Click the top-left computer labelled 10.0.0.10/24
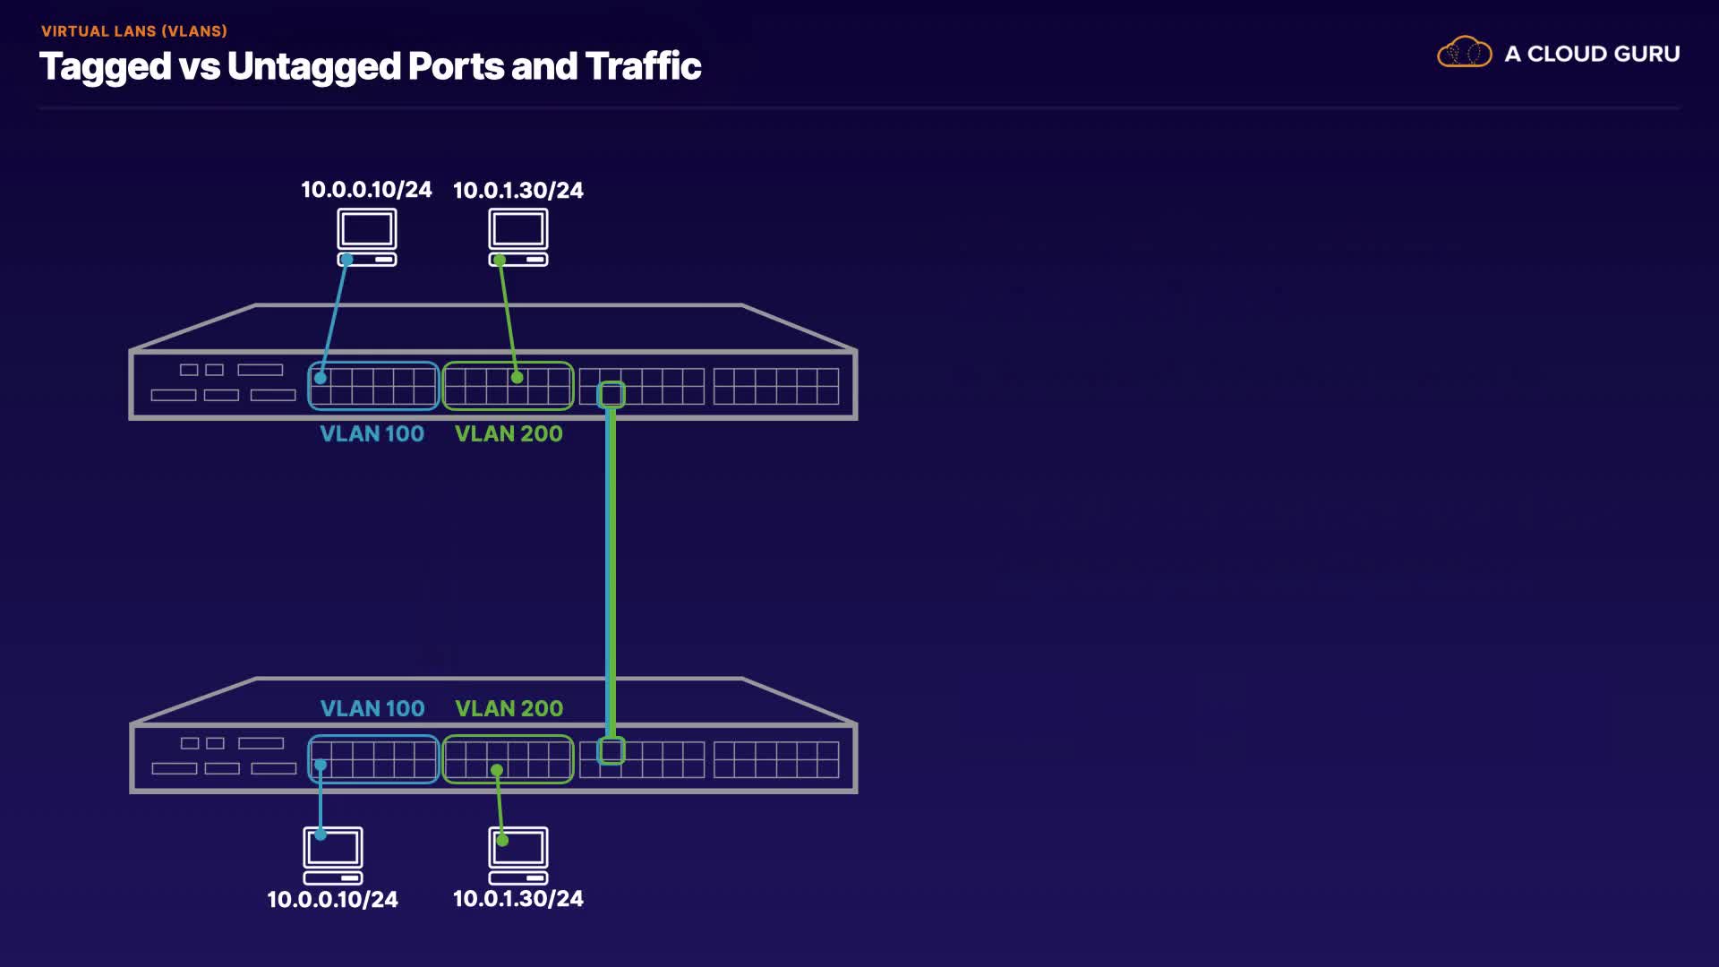point(367,237)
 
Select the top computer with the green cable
point(518,237)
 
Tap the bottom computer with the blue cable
point(333,856)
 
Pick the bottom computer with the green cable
point(518,856)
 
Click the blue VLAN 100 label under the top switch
point(372,434)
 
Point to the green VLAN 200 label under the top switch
point(509,434)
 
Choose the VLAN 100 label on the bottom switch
point(372,708)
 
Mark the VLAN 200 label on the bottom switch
point(509,708)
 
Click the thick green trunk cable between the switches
point(611,572)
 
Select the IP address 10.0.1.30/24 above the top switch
point(518,190)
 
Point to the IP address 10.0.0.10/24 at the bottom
point(333,899)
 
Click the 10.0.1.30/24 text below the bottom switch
point(518,898)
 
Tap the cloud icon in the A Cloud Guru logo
point(1464,53)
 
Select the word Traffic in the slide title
point(644,65)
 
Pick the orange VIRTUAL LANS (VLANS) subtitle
point(134,31)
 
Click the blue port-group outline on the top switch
point(373,363)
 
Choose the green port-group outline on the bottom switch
point(508,736)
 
